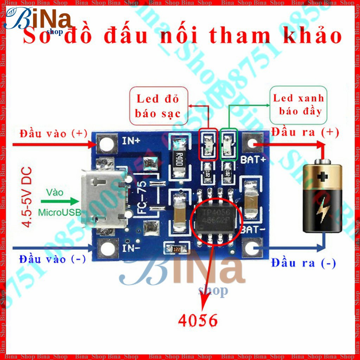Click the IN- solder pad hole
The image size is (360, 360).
click(107, 248)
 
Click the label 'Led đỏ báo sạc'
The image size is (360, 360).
click(158, 106)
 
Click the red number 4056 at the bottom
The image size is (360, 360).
click(198, 320)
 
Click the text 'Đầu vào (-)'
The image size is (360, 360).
click(53, 259)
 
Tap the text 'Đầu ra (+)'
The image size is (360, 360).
click(305, 132)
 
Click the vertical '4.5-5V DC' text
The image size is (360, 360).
click(27, 197)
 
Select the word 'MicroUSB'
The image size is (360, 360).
click(59, 212)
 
